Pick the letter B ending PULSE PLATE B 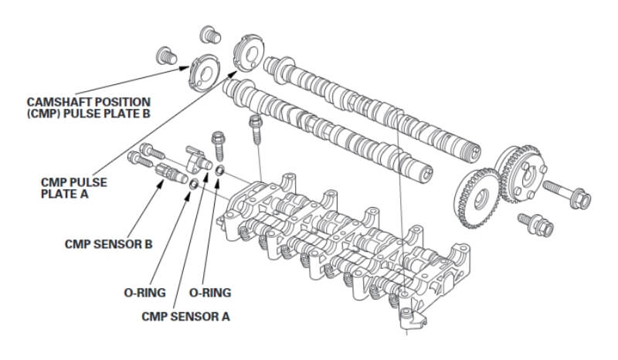click(145, 113)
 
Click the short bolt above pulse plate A click(207, 33)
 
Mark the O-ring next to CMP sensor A click(221, 170)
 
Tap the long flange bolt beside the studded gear click(568, 192)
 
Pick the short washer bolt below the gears click(538, 223)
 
